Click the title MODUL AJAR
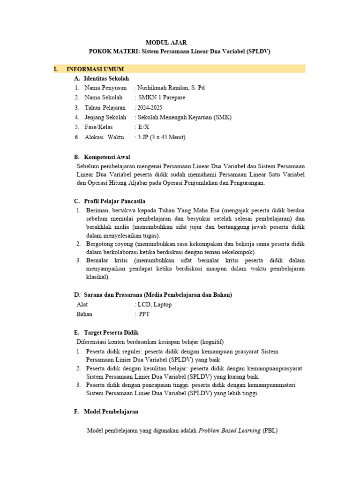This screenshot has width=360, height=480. [180, 42]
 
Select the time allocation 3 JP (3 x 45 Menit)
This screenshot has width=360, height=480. [162, 137]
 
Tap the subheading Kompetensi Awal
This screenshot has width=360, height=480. [107, 157]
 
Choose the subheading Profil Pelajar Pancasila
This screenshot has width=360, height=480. [115, 201]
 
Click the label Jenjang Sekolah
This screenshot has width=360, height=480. [105, 117]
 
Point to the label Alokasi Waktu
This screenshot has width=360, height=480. [104, 137]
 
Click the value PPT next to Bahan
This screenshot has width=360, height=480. [144, 314]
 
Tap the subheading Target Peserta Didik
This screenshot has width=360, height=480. [111, 332]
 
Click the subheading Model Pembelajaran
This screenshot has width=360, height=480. [111, 412]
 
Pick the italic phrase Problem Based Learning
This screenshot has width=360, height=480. [230, 431]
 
